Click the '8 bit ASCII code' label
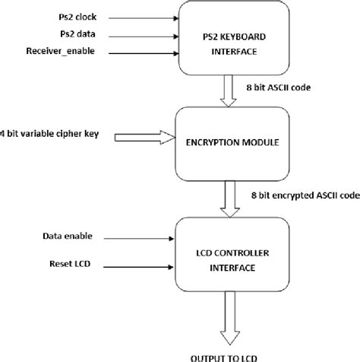282,88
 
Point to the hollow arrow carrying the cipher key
143,138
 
